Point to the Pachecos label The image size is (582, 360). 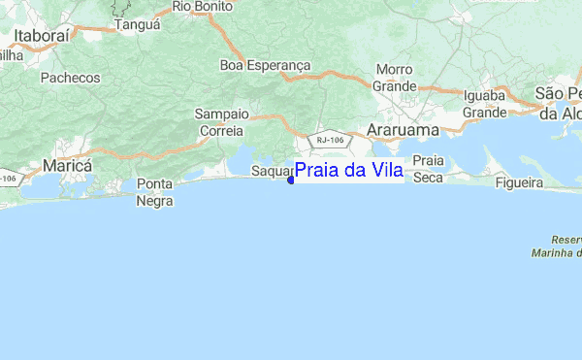point(71,77)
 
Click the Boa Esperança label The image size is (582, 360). point(265,65)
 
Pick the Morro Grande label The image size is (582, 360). point(395,78)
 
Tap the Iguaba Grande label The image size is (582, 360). point(485,104)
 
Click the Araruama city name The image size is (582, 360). point(402,129)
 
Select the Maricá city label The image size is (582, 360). point(66,166)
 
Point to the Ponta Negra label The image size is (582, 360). point(154,192)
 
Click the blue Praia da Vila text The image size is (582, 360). point(349,171)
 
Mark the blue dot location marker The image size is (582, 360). point(291,180)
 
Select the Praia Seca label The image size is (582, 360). point(428,169)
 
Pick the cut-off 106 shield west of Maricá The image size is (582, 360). point(8,179)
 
